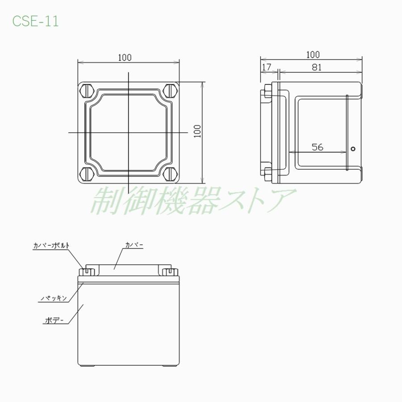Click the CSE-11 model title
pos(36,21)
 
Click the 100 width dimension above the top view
pos(125,58)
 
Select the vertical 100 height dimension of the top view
pos(197,131)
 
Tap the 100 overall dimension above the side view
pos(313,54)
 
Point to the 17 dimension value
pos(267,67)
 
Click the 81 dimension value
pos(317,67)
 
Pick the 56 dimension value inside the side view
pos(318,147)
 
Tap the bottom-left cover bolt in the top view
pos(88,174)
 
